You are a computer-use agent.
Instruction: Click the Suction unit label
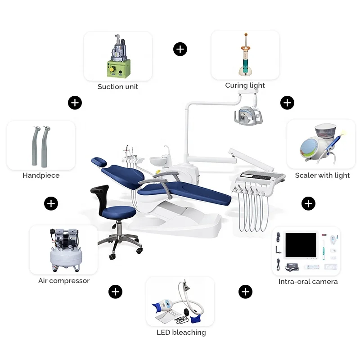pyautogui.click(x=118, y=86)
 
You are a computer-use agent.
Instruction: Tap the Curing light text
pyautogui.click(x=245, y=85)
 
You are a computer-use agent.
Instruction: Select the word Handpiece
pyautogui.click(x=41, y=175)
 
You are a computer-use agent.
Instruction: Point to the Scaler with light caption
pyautogui.click(x=322, y=175)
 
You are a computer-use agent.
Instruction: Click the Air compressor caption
pyautogui.click(x=64, y=280)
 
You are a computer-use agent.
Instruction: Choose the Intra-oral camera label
pyautogui.click(x=308, y=281)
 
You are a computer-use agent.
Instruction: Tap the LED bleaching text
pyautogui.click(x=181, y=332)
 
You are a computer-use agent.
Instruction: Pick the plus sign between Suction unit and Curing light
pyautogui.click(x=180, y=49)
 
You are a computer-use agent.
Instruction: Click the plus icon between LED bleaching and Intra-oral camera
pyautogui.click(x=245, y=292)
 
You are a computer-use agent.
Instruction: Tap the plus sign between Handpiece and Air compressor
pyautogui.click(x=51, y=203)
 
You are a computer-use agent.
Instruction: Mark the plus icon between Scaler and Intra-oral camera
pyautogui.click(x=308, y=203)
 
